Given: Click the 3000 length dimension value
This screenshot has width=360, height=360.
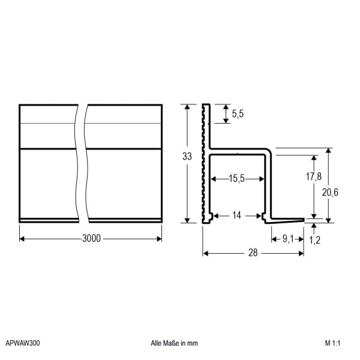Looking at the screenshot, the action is click(x=91, y=239).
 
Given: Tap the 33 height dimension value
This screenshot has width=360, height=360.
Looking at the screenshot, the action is click(x=187, y=157).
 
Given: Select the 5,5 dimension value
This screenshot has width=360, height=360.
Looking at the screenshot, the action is click(x=238, y=114).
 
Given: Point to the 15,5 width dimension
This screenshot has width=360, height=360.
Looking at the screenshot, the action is click(x=237, y=178).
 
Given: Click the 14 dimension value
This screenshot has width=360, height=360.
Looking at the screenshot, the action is click(x=237, y=215).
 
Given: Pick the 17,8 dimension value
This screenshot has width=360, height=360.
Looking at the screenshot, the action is click(x=314, y=176).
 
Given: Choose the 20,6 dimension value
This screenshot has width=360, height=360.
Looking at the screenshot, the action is click(x=330, y=193).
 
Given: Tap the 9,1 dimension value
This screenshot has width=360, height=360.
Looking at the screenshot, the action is click(x=288, y=239).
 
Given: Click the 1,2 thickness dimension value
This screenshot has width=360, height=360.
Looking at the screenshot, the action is click(x=314, y=240).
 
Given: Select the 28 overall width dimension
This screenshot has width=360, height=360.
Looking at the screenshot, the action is click(x=253, y=253).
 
